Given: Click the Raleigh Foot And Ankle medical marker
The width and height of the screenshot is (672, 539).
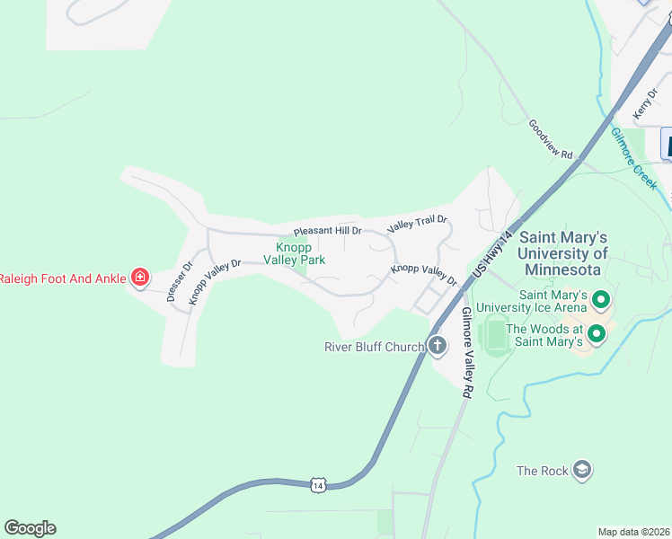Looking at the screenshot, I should pyautogui.click(x=139, y=278).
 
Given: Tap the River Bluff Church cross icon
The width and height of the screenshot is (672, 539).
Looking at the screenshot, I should pyautogui.click(x=438, y=346).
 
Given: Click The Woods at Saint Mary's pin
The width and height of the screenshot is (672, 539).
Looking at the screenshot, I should pyautogui.click(x=596, y=335).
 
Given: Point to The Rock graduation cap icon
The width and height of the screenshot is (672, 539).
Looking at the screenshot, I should pyautogui.click(x=582, y=470).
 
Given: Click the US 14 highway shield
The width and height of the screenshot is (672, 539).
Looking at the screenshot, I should pyautogui.click(x=318, y=484).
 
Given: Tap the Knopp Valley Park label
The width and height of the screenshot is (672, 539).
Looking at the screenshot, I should pyautogui.click(x=294, y=252).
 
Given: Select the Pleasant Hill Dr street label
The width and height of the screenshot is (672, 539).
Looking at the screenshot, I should pyautogui.click(x=327, y=231).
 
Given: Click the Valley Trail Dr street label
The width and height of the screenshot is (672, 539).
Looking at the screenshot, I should pyautogui.click(x=417, y=225).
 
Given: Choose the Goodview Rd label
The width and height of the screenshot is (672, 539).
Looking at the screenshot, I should pyautogui.click(x=550, y=140).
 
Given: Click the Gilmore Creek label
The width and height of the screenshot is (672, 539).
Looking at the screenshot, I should pyautogui.click(x=635, y=157).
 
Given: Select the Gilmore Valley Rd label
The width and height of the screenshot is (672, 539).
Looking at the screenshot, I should pyautogui.click(x=465, y=353).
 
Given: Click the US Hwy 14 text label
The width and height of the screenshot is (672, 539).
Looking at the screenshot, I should pyautogui.click(x=494, y=254).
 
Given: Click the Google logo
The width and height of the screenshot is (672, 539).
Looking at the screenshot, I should pyautogui.click(x=30, y=528).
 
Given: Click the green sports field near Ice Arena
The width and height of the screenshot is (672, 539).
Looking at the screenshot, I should pyautogui.click(x=492, y=336).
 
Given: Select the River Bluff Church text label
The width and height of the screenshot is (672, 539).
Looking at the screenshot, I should pyautogui.click(x=375, y=347).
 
